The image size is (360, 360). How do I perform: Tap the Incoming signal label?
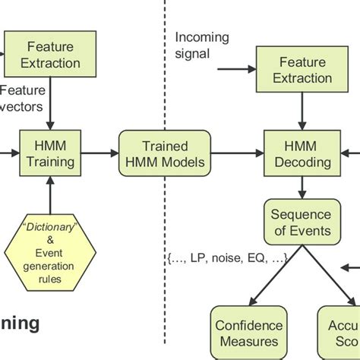click(x=201, y=45)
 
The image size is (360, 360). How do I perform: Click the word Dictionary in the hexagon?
click(x=50, y=227)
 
